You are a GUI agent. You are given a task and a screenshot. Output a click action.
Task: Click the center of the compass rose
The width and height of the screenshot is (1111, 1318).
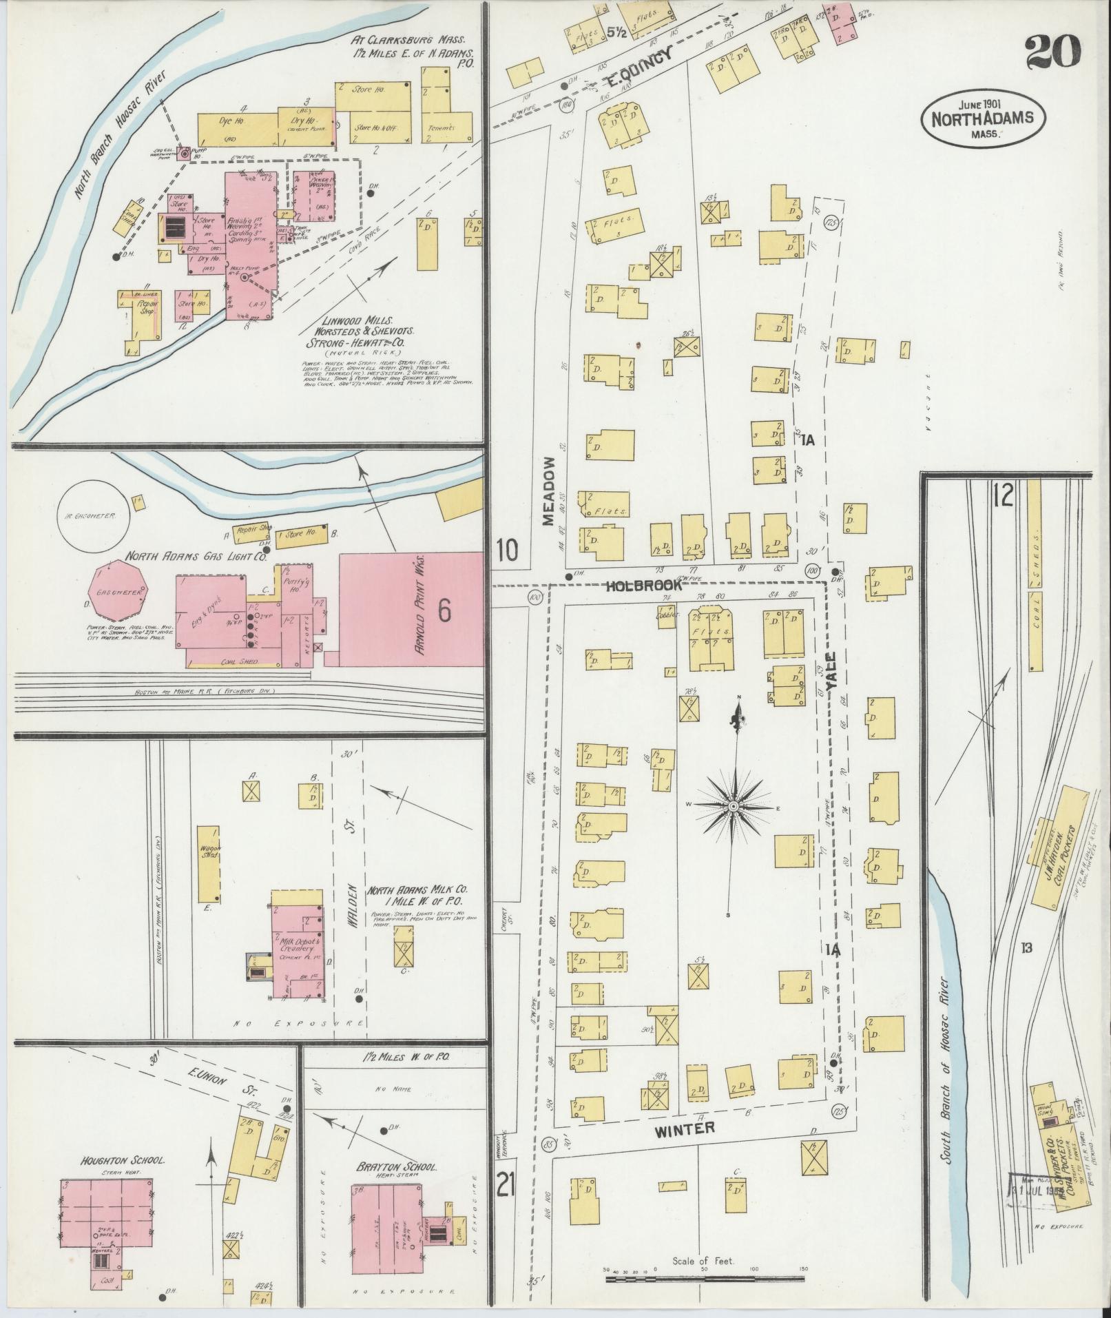tap(734, 807)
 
